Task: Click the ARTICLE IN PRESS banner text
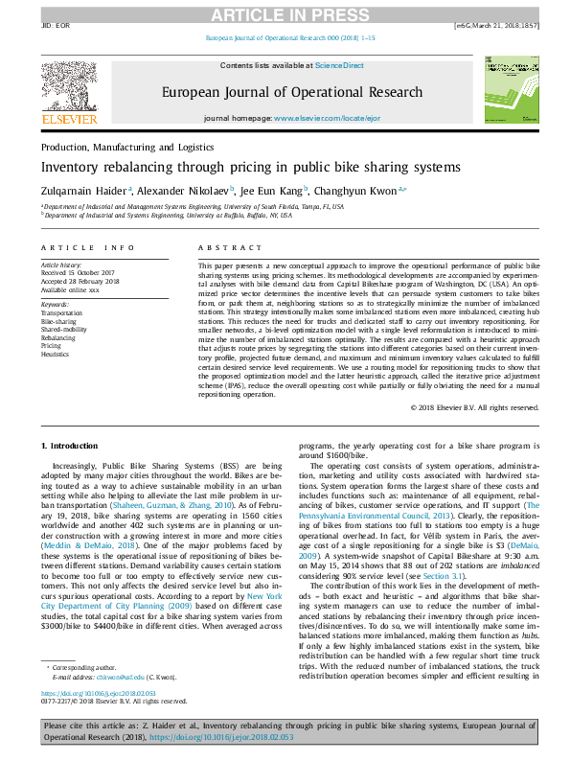(285, 13)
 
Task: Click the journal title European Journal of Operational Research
(292, 92)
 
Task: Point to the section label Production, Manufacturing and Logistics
(126, 148)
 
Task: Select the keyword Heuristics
(57, 352)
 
